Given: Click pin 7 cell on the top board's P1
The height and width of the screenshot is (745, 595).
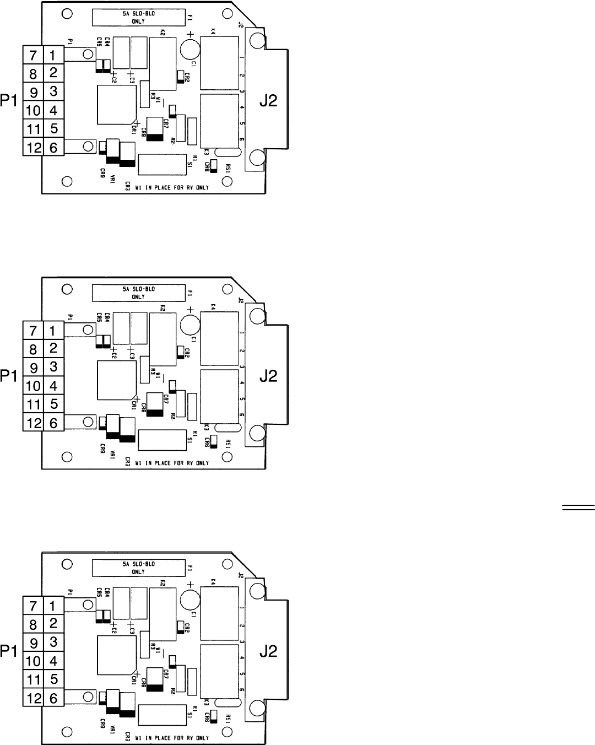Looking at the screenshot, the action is point(33,55).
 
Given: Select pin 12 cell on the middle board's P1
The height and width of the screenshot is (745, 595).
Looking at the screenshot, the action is point(33,423).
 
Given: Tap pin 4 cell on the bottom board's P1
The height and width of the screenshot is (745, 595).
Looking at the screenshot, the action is point(53,660).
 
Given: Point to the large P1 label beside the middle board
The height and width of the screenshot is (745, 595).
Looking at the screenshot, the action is point(9,376).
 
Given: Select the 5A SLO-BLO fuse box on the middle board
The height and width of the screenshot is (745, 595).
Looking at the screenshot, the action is point(138,293).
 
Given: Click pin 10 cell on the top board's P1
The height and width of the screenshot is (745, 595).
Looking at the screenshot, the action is point(33,110).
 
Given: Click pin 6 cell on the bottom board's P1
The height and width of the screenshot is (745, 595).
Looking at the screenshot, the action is point(53,698).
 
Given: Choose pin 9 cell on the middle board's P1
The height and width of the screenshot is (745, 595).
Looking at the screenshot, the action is point(33,367).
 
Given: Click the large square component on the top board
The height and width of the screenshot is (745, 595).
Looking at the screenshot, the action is point(116,105).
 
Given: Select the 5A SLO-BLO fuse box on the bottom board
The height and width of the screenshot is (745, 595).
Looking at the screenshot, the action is point(138,568).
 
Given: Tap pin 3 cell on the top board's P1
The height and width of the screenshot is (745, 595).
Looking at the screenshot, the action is point(53,91).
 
